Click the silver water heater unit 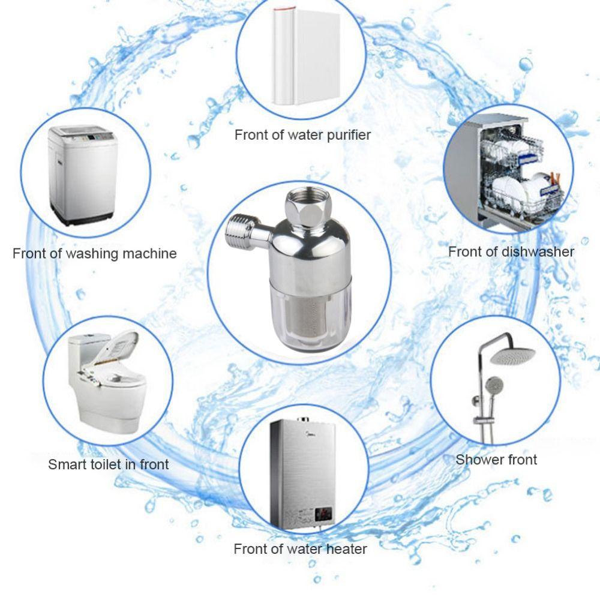click(300, 474)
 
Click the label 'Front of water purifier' click(302, 135)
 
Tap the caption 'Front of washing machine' click(95, 254)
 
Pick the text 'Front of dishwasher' click(511, 252)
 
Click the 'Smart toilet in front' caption click(109, 464)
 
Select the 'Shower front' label click(496, 460)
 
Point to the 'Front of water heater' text click(300, 549)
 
